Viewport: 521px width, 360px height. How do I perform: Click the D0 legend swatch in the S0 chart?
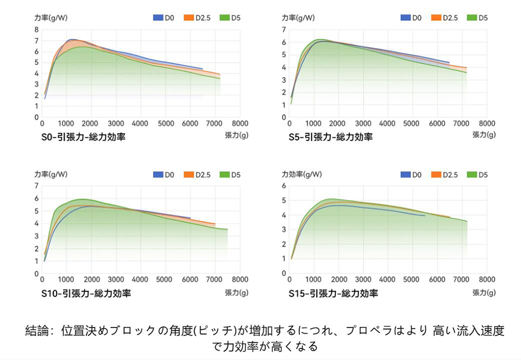[x=158, y=18]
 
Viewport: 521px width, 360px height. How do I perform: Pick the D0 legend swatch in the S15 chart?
[x=405, y=175]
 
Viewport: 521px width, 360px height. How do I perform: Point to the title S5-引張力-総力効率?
[x=331, y=137]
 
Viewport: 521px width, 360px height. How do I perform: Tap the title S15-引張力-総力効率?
[x=333, y=293]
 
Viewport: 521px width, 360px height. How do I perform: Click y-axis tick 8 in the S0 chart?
[x=36, y=30]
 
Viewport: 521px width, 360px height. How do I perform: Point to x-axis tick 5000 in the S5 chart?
[x=412, y=123]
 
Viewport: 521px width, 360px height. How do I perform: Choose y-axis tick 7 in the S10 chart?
[x=36, y=186]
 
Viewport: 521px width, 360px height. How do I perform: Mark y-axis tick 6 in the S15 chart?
[x=283, y=186]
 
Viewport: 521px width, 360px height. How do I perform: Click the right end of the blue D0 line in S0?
[x=202, y=68]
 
